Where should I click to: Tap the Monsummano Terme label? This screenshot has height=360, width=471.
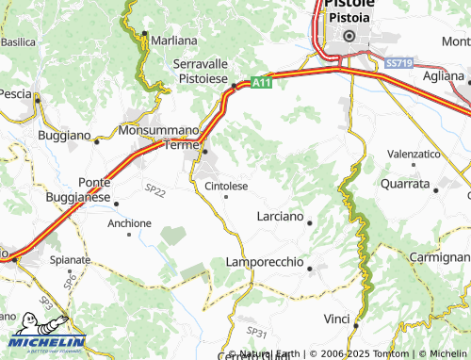[x=158, y=137]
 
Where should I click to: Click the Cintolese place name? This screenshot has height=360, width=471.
[x=226, y=187]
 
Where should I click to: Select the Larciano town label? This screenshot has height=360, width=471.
[x=280, y=217]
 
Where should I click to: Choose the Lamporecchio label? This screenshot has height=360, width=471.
[x=265, y=261]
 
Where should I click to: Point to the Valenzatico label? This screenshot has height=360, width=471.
[x=414, y=153]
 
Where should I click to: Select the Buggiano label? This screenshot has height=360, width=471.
[x=63, y=136]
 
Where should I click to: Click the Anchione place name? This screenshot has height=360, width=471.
[x=129, y=223]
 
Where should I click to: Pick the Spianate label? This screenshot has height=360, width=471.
[x=70, y=259]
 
